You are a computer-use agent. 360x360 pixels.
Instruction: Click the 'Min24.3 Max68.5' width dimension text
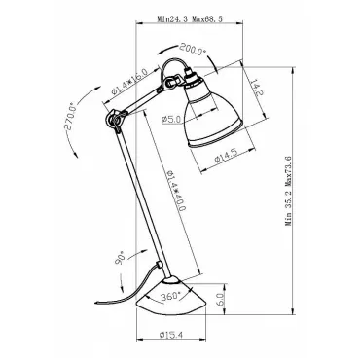tap(190, 19)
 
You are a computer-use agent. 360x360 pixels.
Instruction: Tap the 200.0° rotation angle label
tap(193, 50)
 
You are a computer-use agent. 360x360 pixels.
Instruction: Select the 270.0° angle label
tap(70, 116)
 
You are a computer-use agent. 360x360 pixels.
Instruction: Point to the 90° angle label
tap(121, 258)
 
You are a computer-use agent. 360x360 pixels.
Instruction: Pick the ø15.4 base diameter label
tap(170, 335)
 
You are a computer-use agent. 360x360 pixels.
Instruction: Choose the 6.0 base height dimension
tap(219, 299)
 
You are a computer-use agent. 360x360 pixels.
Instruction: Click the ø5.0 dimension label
tap(171, 120)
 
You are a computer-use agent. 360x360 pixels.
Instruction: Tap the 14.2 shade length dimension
tap(257, 88)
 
